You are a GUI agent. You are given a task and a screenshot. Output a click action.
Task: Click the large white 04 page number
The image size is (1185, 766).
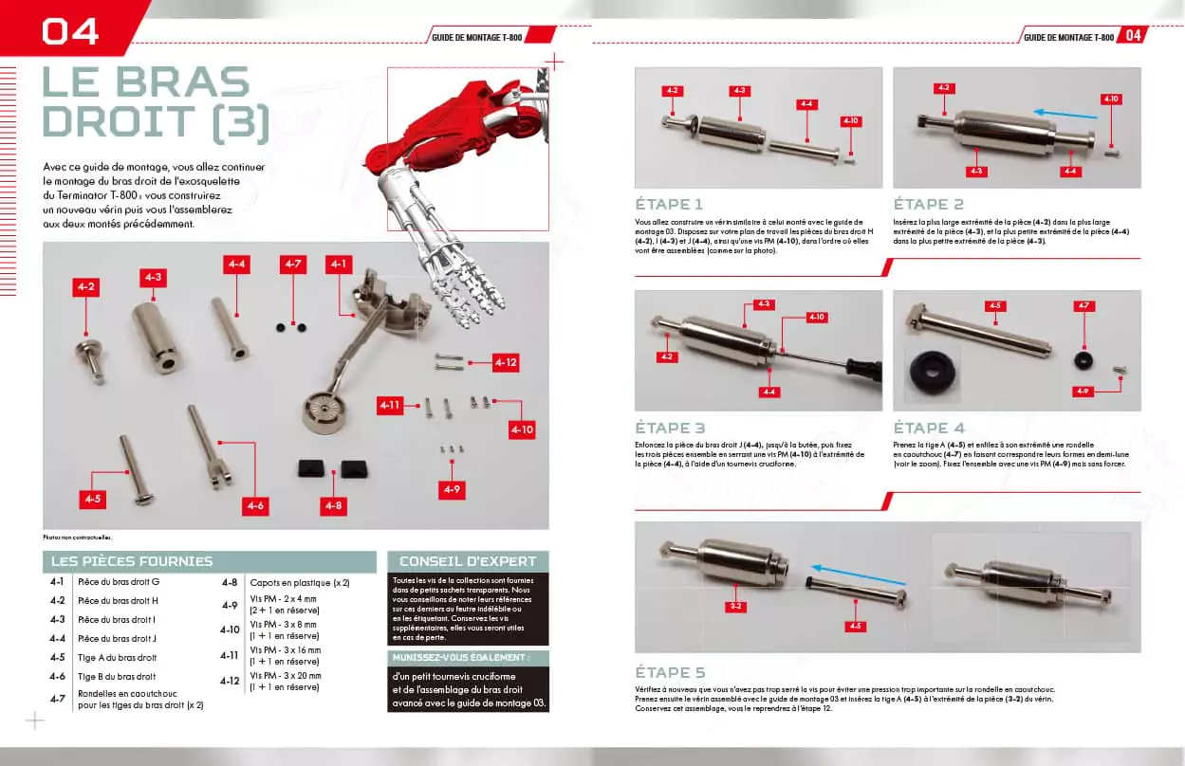click(x=69, y=31)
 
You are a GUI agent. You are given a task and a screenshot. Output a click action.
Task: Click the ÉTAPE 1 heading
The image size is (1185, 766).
click(x=669, y=204)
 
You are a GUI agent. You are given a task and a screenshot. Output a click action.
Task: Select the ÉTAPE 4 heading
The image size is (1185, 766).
click(x=929, y=428)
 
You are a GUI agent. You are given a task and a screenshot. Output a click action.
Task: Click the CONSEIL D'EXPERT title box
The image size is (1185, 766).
click(x=468, y=561)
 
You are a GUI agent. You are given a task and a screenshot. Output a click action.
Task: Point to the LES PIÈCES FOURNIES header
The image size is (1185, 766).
click(x=132, y=561)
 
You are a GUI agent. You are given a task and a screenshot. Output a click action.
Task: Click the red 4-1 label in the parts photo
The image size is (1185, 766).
click(x=339, y=264)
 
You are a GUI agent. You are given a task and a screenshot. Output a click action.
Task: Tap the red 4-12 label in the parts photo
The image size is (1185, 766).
click(x=505, y=362)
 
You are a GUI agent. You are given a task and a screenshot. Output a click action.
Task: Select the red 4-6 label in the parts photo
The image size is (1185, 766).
click(x=255, y=506)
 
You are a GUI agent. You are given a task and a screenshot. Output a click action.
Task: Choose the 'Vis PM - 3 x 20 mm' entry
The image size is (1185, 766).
click(x=286, y=675)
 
